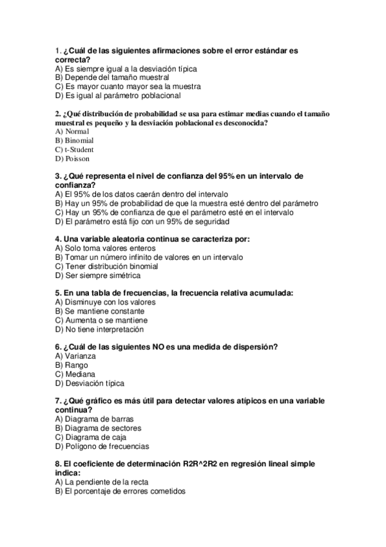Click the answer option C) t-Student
74,149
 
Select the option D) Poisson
72,158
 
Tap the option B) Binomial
74,140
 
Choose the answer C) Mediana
75,373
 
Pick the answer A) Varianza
76,355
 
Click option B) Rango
72,364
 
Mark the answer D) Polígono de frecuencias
102,446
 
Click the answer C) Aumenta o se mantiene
101,319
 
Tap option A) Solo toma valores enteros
105,248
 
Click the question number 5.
58,293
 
